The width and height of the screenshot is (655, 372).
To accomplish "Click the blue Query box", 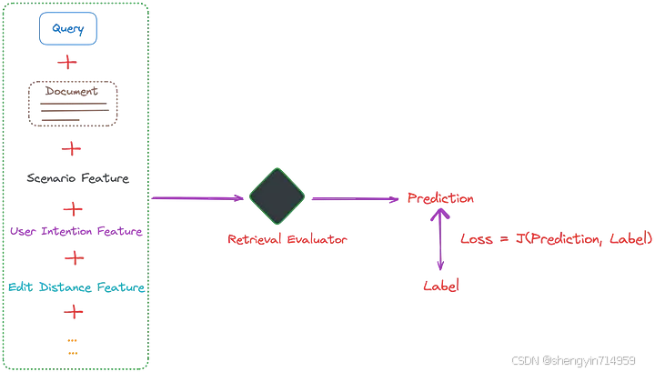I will click(x=67, y=30).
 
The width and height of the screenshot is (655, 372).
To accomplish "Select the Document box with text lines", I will click(x=73, y=104).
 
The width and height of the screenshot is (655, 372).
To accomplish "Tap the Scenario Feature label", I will click(x=77, y=178).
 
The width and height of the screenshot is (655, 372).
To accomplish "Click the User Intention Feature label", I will click(x=76, y=232).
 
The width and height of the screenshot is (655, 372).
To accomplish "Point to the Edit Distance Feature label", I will click(x=76, y=287).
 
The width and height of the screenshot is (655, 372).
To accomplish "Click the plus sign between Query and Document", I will click(x=67, y=63).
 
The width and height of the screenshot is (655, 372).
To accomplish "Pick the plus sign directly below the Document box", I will click(x=71, y=148).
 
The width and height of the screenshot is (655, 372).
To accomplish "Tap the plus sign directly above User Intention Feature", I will click(x=73, y=208).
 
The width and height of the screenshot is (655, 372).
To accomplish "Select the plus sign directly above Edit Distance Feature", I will click(x=75, y=258).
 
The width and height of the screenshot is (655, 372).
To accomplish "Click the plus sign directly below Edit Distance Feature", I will click(x=73, y=312).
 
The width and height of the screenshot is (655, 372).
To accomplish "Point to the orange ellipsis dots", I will click(x=73, y=347).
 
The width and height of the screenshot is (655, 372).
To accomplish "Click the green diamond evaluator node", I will click(x=277, y=197).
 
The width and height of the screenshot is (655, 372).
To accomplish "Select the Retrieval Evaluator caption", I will click(x=287, y=239).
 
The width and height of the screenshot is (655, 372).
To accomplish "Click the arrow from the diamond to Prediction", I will click(x=356, y=198).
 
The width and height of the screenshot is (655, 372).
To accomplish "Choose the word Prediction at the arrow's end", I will click(x=440, y=198).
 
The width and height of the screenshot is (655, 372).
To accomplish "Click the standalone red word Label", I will click(x=441, y=286).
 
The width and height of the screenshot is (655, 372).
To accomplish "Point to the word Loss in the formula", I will click(x=477, y=239).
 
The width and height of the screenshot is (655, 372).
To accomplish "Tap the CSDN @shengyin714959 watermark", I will click(x=572, y=360).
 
